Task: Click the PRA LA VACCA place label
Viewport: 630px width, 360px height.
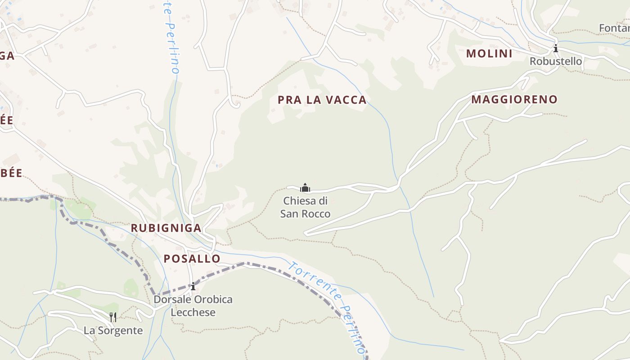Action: [322, 100]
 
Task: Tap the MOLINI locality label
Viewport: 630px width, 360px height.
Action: [489, 54]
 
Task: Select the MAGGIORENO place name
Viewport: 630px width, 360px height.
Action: [514, 99]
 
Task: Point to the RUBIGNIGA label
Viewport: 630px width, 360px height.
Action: [166, 228]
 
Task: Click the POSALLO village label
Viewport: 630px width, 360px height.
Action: [192, 259]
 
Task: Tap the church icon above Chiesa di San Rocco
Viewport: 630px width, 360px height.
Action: [305, 187]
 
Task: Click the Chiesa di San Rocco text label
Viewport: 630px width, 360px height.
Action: [305, 207]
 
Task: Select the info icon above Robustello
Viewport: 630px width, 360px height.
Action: [556, 48]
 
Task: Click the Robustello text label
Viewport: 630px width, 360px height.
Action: [556, 61]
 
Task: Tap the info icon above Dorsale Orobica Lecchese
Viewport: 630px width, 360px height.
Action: [193, 286]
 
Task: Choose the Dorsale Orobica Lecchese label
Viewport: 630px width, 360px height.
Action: [193, 306]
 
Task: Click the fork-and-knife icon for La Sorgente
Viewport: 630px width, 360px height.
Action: [113, 317]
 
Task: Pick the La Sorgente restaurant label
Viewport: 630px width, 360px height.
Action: [113, 331]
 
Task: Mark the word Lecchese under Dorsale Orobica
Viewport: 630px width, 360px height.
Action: [193, 312]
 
